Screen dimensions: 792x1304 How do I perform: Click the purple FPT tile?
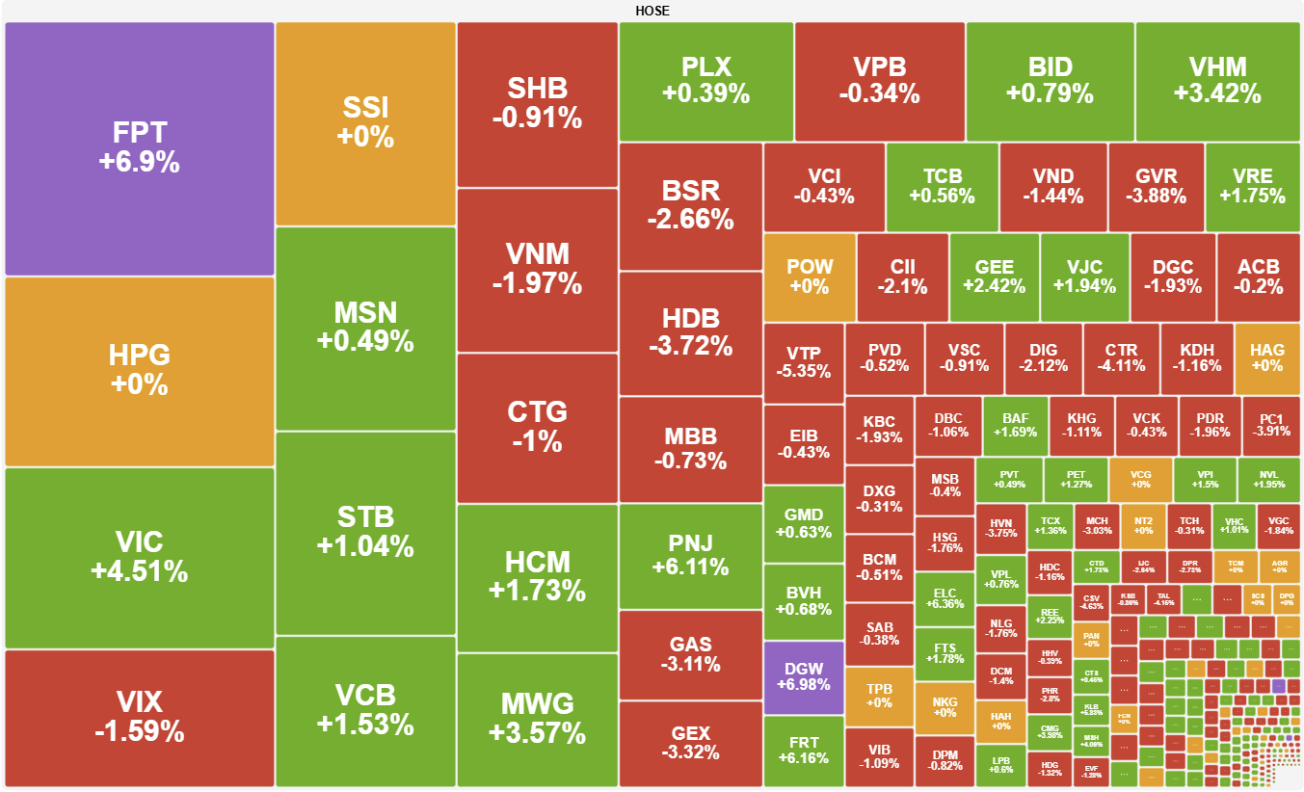click(x=139, y=147)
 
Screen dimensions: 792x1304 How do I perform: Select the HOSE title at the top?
click(x=652, y=11)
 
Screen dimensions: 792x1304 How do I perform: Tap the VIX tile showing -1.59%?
click(x=139, y=717)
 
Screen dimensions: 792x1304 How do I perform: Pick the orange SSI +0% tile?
click(x=365, y=122)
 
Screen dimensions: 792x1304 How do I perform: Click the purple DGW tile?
click(x=803, y=677)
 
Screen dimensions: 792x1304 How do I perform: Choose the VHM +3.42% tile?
click(x=1217, y=80)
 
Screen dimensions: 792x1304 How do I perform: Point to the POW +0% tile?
click(x=809, y=277)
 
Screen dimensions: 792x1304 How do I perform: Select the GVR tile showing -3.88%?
click(x=1156, y=186)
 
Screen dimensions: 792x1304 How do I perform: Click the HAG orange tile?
click(x=1266, y=357)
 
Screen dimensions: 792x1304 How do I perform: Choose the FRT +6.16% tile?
click(x=803, y=750)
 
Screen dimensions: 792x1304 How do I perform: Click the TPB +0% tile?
click(x=879, y=696)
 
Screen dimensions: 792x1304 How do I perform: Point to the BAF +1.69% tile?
click(x=1015, y=426)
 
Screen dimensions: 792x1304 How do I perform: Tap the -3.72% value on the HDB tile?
click(x=690, y=346)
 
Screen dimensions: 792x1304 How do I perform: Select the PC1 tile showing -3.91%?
click(x=1270, y=426)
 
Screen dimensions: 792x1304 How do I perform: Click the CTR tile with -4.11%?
click(x=1121, y=357)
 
